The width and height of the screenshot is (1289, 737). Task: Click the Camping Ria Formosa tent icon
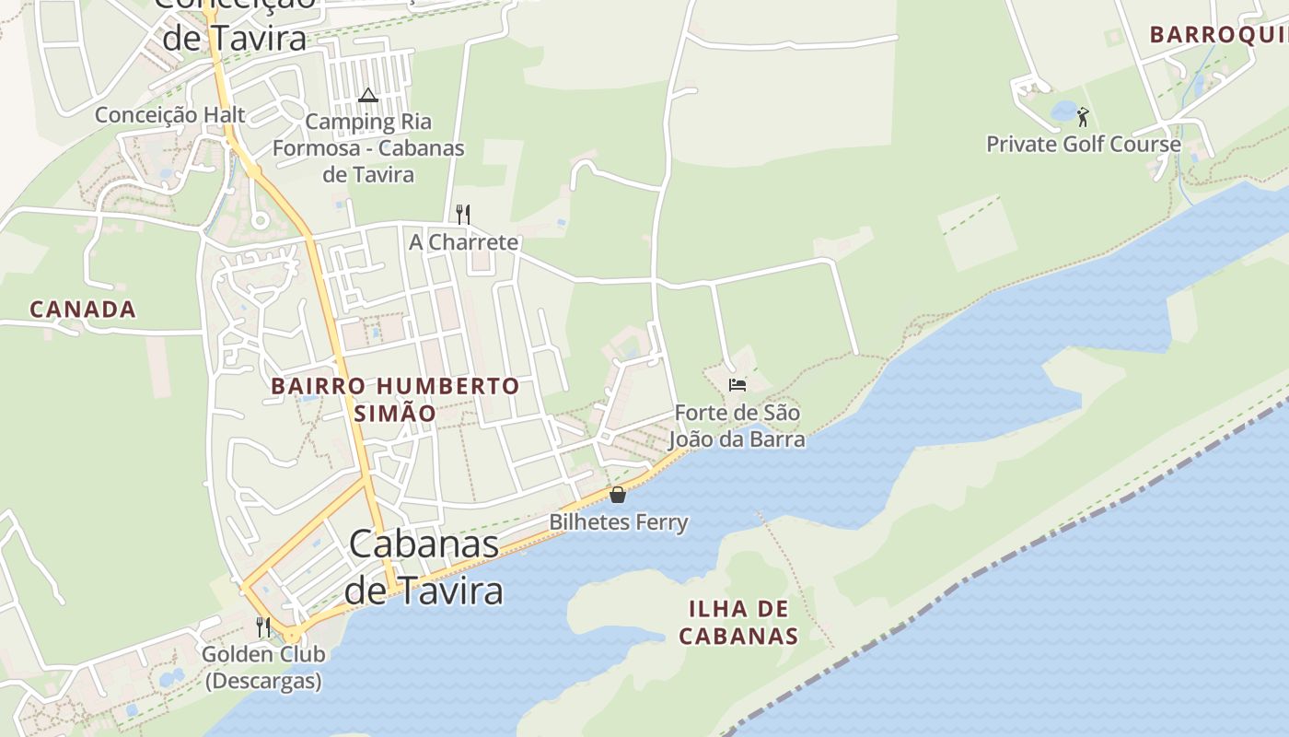[368, 95]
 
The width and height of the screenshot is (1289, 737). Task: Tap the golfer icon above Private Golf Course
[1083, 117]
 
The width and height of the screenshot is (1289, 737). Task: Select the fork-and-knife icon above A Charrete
[463, 215]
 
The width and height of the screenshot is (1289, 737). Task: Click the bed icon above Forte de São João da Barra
[737, 384]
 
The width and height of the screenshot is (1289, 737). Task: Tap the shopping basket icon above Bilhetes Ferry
[618, 495]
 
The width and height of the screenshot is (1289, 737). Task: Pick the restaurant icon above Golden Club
[263, 627]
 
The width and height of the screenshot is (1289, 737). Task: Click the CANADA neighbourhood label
[83, 310]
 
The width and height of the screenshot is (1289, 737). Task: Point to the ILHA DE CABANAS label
[738, 622]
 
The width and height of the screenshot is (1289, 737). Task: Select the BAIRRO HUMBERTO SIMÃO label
[396, 399]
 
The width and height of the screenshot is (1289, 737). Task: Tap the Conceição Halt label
[170, 115]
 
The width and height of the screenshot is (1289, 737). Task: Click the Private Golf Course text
[1084, 145]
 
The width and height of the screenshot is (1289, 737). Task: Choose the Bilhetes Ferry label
[619, 522]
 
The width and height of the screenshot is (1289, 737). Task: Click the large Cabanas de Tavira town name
[424, 567]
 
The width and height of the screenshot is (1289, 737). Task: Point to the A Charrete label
[464, 242]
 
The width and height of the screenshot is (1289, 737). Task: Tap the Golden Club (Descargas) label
[263, 668]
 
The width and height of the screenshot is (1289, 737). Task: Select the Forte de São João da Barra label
[737, 426]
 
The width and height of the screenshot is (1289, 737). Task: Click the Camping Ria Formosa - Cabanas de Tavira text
[368, 147]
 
